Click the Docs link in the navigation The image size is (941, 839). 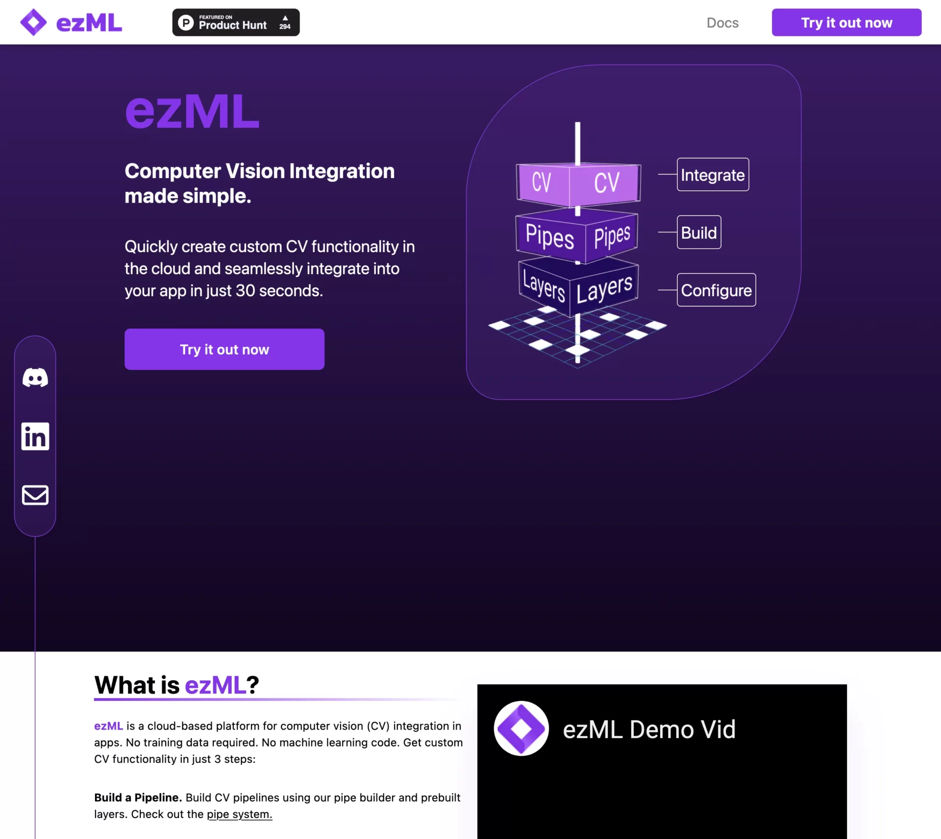pyautogui.click(x=722, y=23)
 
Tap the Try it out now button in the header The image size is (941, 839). pyautogui.click(x=846, y=23)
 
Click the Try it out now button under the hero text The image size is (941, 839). pyautogui.click(x=224, y=349)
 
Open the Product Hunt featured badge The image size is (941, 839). pyautogui.click(x=236, y=23)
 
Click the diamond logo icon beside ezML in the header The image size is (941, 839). pyautogui.click(x=33, y=23)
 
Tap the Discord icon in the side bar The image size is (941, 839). pyautogui.click(x=35, y=378)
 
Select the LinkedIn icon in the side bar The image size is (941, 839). pyautogui.click(x=35, y=436)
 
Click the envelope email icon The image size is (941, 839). pyautogui.click(x=35, y=495)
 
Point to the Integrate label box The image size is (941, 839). pyautogui.click(x=713, y=175)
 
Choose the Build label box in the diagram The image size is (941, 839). pyautogui.click(x=699, y=232)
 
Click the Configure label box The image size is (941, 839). pyautogui.click(x=716, y=290)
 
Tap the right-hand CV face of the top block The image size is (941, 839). pyautogui.click(x=606, y=183)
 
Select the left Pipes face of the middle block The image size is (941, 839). pyautogui.click(x=549, y=237)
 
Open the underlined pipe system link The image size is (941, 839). pyautogui.click(x=239, y=814)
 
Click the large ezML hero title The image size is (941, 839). pyautogui.click(x=192, y=112)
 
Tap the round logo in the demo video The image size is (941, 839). pyautogui.click(x=521, y=729)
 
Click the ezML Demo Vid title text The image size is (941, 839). pyautogui.click(x=649, y=730)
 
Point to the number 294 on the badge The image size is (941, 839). pyautogui.click(x=285, y=27)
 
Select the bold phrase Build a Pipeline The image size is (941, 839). pyautogui.click(x=138, y=798)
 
